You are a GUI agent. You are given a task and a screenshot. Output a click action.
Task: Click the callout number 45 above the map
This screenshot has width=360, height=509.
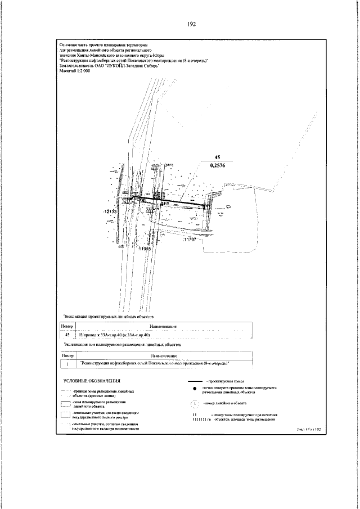(218, 157)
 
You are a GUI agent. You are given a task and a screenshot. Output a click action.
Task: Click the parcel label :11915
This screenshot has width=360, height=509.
(145, 248)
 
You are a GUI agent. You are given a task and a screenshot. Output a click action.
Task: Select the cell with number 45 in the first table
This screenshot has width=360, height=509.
(67, 335)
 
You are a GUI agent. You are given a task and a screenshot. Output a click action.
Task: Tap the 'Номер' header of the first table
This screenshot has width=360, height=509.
(67, 326)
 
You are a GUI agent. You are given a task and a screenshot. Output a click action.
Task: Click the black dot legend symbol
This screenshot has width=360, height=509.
(195, 390)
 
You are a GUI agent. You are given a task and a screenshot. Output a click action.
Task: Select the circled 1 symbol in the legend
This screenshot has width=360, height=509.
(195, 403)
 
